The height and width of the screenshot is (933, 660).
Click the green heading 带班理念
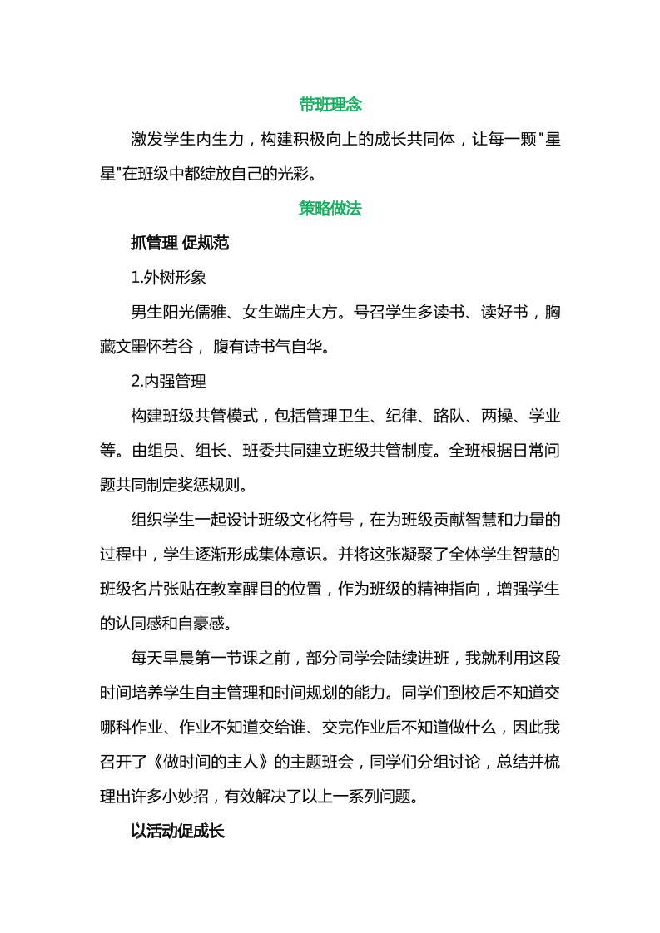(x=330, y=105)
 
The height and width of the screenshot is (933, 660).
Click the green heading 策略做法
(x=330, y=209)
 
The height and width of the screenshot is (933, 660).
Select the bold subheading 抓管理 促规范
(x=180, y=244)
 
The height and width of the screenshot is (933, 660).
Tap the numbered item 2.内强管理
(x=168, y=383)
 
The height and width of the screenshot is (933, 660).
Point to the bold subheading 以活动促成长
(x=178, y=832)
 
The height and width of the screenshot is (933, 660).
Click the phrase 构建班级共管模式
(x=195, y=417)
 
